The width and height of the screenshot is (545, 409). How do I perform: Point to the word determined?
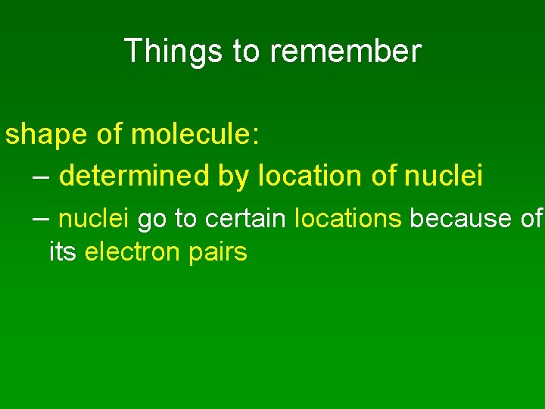(134, 176)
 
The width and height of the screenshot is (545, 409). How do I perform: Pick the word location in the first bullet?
(312, 176)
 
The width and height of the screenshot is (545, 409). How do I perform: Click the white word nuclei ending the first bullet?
(444, 176)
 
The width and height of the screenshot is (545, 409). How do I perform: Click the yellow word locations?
(348, 219)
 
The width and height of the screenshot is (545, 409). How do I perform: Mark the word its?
(63, 251)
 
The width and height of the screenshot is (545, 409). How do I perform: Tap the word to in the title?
(246, 52)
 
